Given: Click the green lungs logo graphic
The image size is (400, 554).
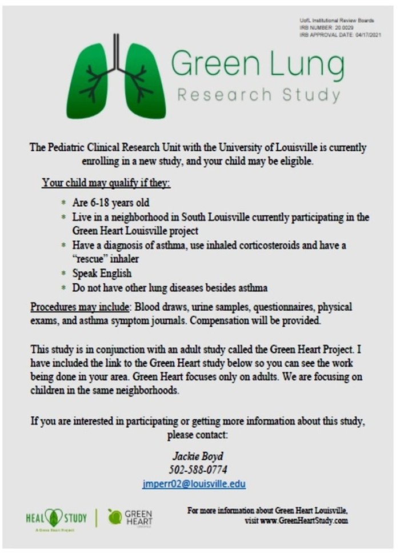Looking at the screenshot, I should coord(116,77).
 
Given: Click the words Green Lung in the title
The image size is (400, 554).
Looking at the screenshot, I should coord(257,65).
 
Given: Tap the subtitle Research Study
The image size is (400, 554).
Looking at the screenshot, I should coord(258,94).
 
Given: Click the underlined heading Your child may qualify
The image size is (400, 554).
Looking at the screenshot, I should coord(106,183).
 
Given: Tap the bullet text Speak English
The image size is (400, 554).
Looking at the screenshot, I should coord(102,273).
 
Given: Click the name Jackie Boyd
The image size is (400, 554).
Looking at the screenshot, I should coord(198,456).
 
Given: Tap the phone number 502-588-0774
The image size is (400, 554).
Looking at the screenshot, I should coord(198,470).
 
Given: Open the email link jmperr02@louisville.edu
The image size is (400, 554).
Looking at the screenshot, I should coord(194,484).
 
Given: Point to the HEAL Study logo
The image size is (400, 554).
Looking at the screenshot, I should coord(56,519).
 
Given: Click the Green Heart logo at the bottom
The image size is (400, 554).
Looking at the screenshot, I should coord(130,517).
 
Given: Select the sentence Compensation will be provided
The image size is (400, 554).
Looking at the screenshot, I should coord(255,320).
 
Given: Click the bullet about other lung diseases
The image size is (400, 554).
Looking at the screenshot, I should coord(170,287).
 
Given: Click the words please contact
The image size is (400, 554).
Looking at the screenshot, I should coord(198,435).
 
